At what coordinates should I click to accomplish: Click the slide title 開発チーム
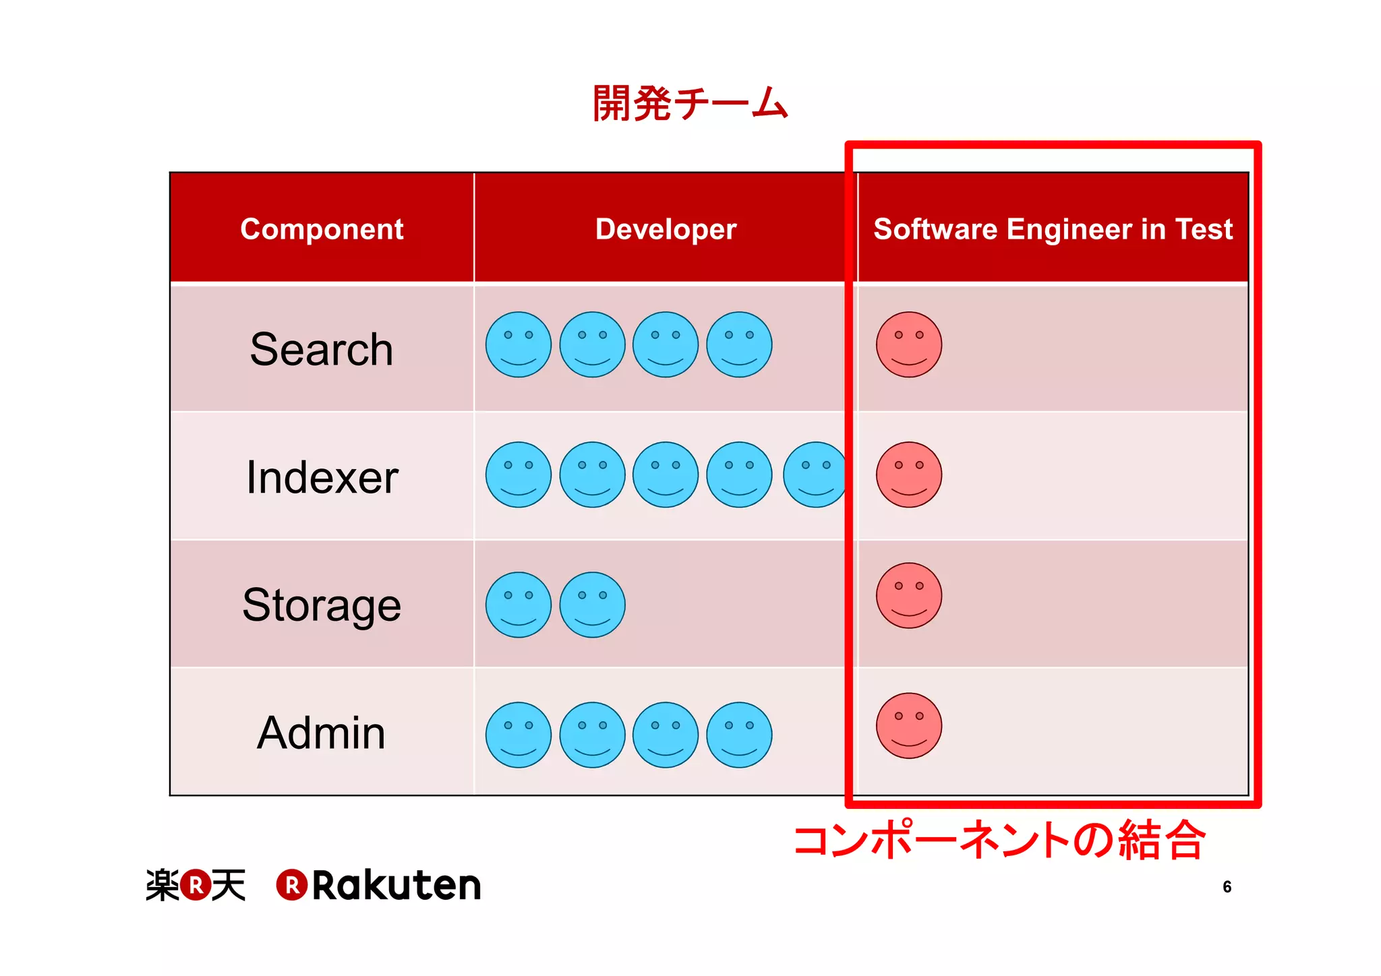(x=690, y=103)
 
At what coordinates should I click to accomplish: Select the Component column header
(x=322, y=229)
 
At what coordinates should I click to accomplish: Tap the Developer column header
(x=666, y=229)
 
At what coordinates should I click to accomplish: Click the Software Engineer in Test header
(x=1053, y=229)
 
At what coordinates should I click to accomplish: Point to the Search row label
(x=322, y=349)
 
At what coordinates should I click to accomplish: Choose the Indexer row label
(x=322, y=477)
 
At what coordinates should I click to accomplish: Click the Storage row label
(x=322, y=605)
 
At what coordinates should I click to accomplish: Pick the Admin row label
(x=322, y=733)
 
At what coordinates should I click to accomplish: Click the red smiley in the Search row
(x=908, y=344)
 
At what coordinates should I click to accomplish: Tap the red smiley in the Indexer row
(x=908, y=475)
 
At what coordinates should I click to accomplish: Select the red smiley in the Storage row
(x=908, y=596)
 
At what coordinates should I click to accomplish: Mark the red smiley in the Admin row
(x=908, y=726)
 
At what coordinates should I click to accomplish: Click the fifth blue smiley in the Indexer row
(x=815, y=475)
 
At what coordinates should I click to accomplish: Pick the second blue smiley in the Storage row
(x=592, y=605)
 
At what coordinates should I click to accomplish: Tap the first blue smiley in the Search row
(x=518, y=344)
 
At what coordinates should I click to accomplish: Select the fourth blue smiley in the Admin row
(x=739, y=735)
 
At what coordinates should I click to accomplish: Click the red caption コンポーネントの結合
(x=999, y=841)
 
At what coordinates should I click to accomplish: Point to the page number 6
(x=1227, y=887)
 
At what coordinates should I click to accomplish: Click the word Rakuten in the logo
(x=396, y=885)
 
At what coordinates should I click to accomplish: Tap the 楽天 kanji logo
(x=196, y=885)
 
